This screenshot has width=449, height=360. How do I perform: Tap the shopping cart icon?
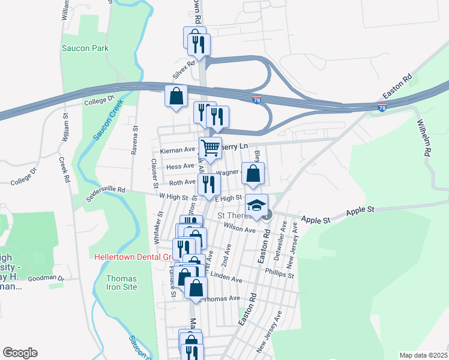(x=210, y=147)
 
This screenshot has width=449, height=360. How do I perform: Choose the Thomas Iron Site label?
(x=121, y=283)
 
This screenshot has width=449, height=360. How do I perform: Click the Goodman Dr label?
(x=46, y=278)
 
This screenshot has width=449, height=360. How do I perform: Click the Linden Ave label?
(x=226, y=280)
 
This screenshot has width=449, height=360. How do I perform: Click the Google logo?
(x=20, y=353)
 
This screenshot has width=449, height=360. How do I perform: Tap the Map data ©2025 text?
(x=423, y=355)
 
